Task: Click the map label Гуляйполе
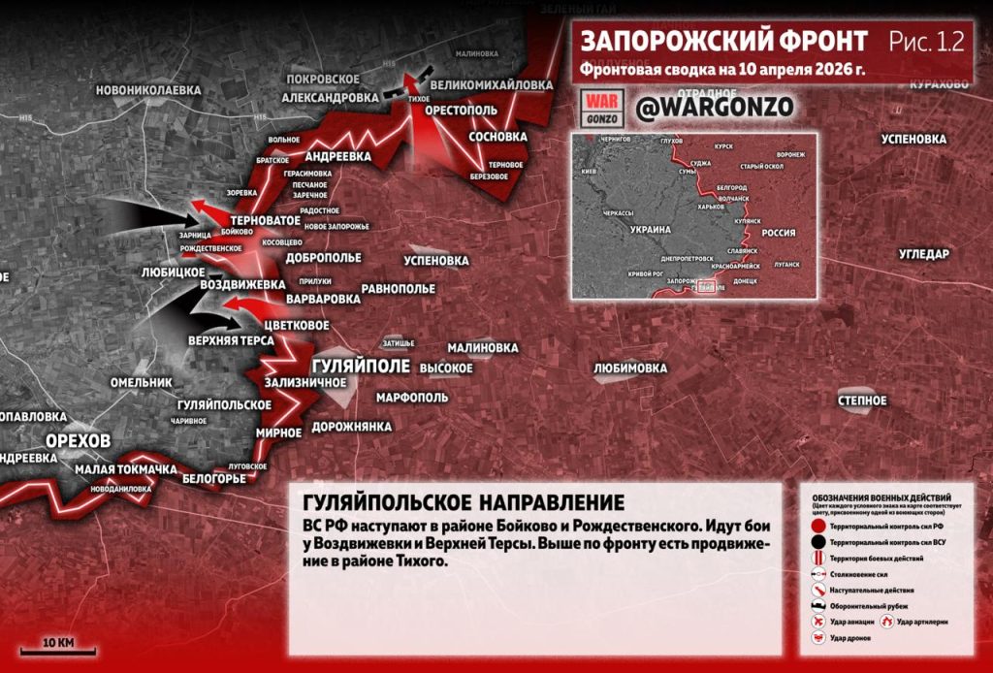362,367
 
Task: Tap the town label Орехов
79,440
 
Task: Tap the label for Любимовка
630,369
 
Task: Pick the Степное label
862,401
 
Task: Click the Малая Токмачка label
125,470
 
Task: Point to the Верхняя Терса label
231,341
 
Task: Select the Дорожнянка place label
352,427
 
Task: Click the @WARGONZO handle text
715,107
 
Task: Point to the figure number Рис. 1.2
927,42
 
